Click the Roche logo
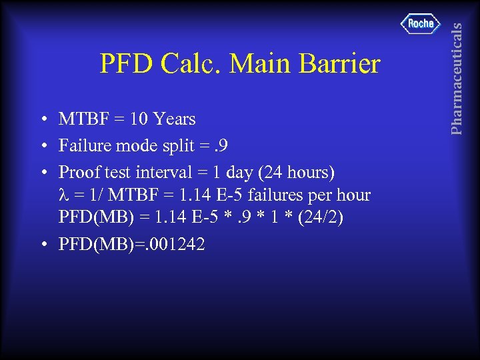[x=421, y=24]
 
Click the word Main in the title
[x=254, y=64]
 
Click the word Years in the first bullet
[x=174, y=120]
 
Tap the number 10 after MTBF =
[x=139, y=120]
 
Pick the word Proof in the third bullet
[x=79, y=171]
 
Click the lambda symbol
[x=64, y=196]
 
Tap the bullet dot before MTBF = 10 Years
[x=42, y=121]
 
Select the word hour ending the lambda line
[x=354, y=195]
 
